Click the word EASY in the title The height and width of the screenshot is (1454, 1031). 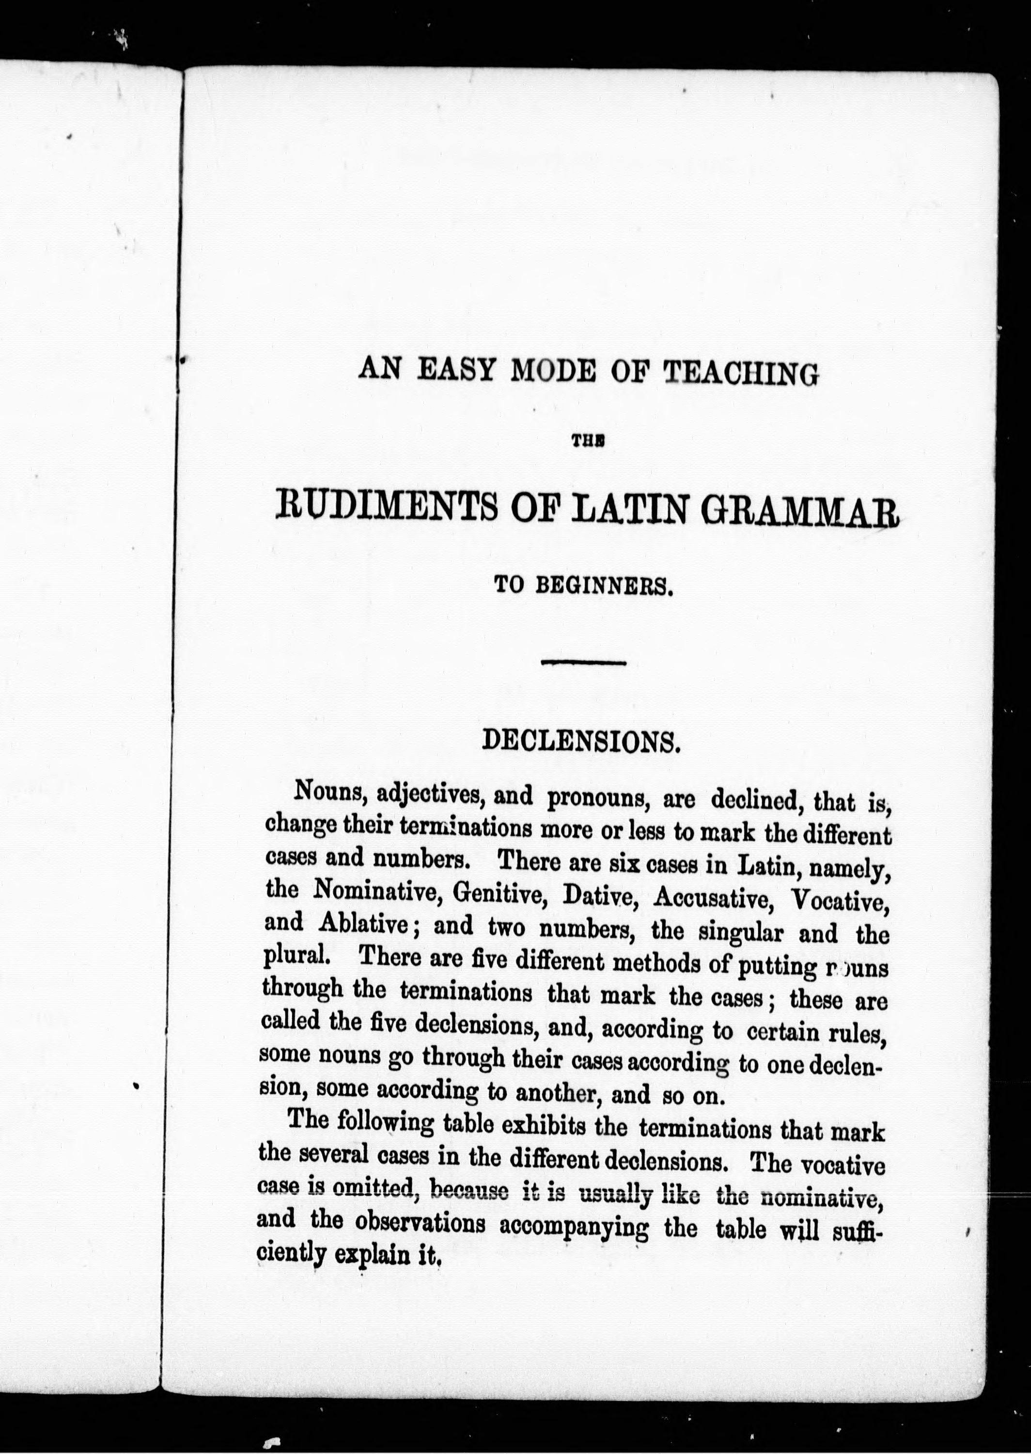(457, 370)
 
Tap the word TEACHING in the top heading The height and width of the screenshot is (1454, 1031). (740, 374)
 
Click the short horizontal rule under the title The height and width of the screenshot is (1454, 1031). (583, 663)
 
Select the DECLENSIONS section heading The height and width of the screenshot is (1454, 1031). (581, 741)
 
